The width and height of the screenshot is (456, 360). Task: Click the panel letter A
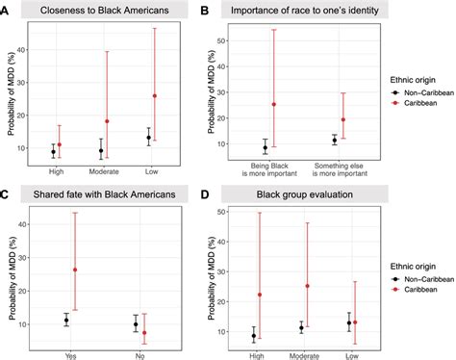click(7, 9)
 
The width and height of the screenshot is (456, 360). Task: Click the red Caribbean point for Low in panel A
click(154, 95)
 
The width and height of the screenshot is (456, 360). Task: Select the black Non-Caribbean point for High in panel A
click(54, 152)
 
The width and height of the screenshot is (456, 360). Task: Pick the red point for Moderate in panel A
click(107, 121)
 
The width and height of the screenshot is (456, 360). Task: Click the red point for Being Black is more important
click(274, 104)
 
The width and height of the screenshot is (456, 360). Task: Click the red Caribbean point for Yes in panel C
click(75, 270)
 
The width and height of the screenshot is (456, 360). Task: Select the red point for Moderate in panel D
click(306, 286)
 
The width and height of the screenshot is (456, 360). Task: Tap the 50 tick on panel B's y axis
click(226, 40)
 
